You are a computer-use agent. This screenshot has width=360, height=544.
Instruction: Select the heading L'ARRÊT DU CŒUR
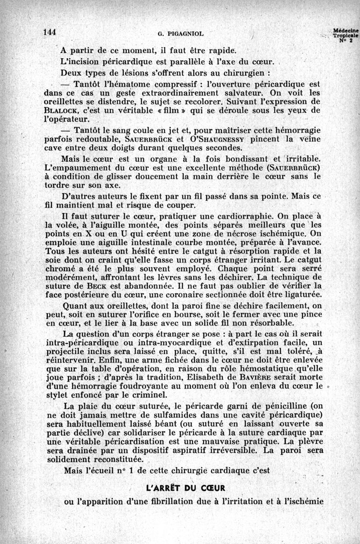click(x=186, y=488)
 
